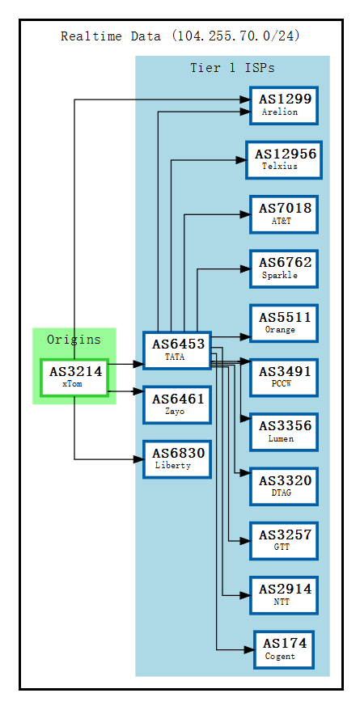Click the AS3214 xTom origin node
tap(74, 378)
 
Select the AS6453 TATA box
tap(176, 350)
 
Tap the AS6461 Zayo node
tap(176, 404)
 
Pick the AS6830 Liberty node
tap(176, 459)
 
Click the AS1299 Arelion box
tap(283, 105)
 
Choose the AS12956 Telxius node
tap(283, 159)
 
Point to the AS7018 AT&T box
tap(283, 213)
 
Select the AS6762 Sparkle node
tap(283, 268)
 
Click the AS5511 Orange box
tap(283, 323)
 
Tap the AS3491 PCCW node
tap(283, 377)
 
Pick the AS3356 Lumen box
tap(283, 432)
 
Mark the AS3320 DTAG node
tap(283, 486)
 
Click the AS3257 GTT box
tap(283, 541)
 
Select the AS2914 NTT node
tap(283, 595)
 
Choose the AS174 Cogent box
tap(283, 649)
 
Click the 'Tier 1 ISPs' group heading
tap(232, 68)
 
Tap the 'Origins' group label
tap(74, 340)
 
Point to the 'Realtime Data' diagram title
tap(181, 36)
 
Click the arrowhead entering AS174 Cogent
tap(249, 649)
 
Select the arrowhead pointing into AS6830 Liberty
tap(138, 459)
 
